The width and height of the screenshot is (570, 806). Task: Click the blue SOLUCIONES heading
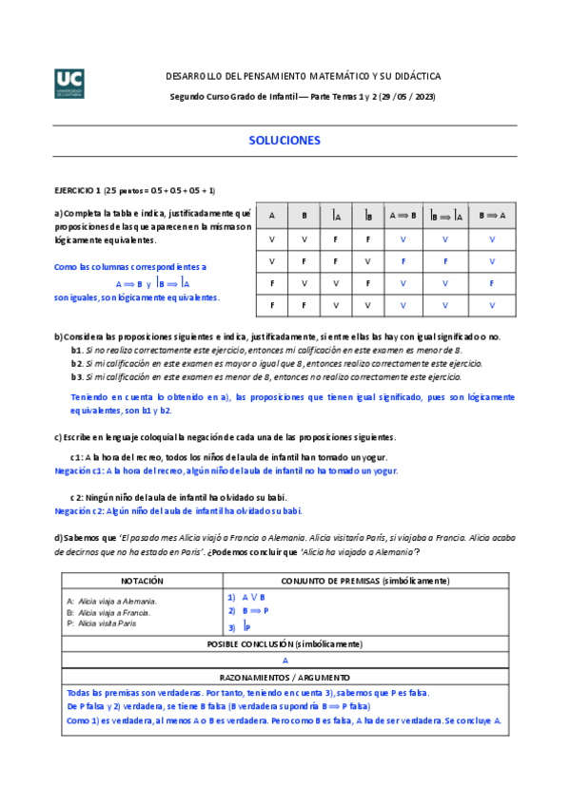(x=285, y=140)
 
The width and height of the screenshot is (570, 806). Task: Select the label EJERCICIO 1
(x=77, y=190)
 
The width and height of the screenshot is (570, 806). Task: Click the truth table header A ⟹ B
(x=403, y=216)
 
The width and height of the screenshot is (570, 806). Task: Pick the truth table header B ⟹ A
(x=492, y=216)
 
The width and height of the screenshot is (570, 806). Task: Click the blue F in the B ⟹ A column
(x=492, y=283)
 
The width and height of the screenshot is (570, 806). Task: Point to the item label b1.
(x=77, y=351)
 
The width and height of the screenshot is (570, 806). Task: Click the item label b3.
(x=77, y=377)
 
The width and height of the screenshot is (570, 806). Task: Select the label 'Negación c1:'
(x=79, y=470)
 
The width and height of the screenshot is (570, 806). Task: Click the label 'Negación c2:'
(x=79, y=510)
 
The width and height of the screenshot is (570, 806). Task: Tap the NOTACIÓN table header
(x=142, y=581)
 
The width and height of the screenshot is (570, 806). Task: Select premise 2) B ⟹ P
(x=248, y=611)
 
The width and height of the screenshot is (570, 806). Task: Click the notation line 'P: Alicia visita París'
(x=102, y=624)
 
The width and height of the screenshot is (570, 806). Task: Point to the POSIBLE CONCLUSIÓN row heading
(x=285, y=644)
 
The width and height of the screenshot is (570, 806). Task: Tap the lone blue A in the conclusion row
(x=285, y=660)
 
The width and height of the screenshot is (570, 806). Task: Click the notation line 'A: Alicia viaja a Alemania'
(x=112, y=601)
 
